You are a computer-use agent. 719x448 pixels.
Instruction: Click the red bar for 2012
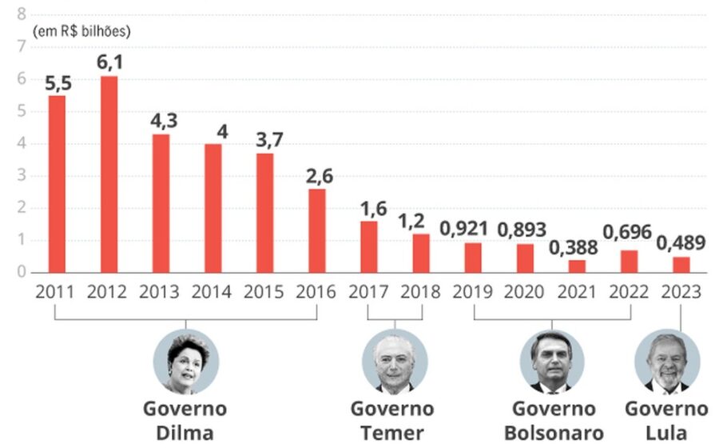tap(109, 174)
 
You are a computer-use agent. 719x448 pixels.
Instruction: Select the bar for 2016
tap(317, 231)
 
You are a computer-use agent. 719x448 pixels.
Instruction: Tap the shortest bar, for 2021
tap(577, 266)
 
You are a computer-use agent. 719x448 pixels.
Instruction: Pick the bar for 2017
tap(369, 247)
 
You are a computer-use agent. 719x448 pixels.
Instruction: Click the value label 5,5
tap(58, 84)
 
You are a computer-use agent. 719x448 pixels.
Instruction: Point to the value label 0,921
tap(463, 229)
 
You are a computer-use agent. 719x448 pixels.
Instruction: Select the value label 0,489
tap(681, 243)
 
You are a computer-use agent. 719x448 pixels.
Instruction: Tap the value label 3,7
tap(270, 139)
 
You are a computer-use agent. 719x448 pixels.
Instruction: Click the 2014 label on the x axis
tap(212, 292)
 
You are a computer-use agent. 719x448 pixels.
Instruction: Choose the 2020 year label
tap(523, 292)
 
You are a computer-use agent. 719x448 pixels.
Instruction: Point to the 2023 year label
tap(681, 292)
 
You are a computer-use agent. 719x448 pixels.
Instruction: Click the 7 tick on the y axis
tap(21, 46)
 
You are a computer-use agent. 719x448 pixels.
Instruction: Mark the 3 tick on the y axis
tap(21, 176)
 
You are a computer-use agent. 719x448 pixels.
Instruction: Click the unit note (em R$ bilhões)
tap(81, 31)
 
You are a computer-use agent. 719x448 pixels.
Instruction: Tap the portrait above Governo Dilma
tap(185, 362)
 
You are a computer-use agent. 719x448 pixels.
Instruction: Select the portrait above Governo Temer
tap(395, 362)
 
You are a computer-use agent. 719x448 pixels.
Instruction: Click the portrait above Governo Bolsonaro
tap(552, 362)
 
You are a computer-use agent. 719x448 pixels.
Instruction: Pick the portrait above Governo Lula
tap(667, 362)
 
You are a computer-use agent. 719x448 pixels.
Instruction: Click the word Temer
tap(392, 434)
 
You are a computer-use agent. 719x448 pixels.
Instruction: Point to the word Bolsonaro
tap(554, 434)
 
